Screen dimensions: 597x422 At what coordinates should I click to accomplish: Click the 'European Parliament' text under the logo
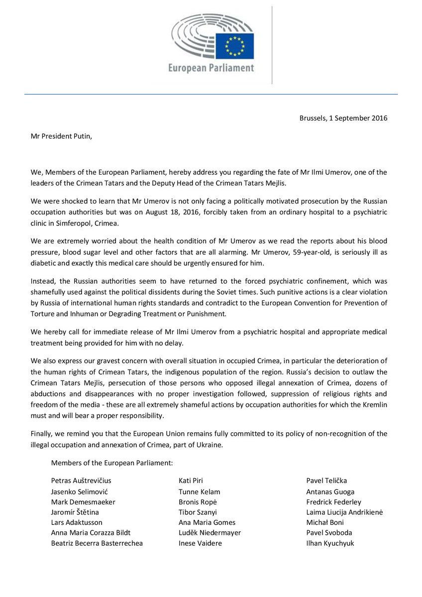pos(211,68)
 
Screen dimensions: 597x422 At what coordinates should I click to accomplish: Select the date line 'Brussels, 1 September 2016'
pos(343,118)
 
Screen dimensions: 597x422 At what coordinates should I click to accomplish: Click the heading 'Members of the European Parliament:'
pos(112,463)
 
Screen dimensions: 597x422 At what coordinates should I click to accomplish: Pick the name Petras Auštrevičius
pos(81,481)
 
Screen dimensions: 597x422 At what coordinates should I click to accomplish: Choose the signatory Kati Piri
pos(191,481)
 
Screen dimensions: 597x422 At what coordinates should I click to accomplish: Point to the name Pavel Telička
pos(326,481)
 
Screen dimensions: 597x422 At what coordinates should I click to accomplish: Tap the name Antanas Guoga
pos(330,492)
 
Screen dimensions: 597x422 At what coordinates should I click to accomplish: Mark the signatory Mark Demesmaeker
pos(83,502)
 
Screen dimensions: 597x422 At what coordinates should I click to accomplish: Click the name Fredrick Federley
pos(334,502)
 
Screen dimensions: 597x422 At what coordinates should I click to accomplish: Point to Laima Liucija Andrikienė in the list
pos(345,512)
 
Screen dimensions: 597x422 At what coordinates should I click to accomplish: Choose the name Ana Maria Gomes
pos(207,522)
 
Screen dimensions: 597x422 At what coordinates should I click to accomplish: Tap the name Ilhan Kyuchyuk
pos(330,543)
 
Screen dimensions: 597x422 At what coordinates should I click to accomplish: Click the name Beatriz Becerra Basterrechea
pos(97,543)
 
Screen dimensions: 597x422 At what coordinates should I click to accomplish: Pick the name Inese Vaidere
pos(200,543)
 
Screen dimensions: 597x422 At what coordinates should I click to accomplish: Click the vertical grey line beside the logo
pos(272,45)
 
